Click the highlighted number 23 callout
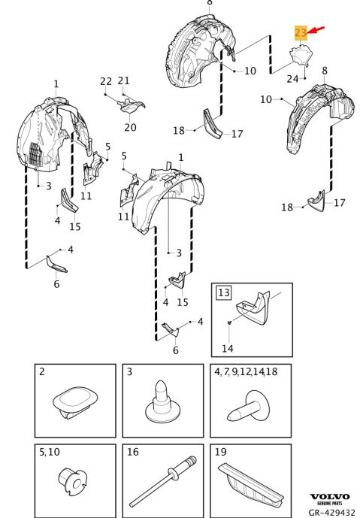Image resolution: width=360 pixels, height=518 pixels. click(301, 33)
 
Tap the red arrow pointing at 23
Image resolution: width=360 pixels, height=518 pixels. click(316, 30)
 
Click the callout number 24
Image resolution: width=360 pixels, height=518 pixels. click(292, 79)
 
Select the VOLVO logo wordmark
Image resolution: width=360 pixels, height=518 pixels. click(329, 496)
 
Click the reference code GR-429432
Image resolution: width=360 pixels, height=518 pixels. click(331, 512)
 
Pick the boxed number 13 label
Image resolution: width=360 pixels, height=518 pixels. click(224, 292)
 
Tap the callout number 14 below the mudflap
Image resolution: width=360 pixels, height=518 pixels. click(228, 349)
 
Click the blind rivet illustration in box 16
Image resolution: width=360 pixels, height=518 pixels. click(162, 480)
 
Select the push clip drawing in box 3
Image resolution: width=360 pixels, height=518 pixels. click(163, 401)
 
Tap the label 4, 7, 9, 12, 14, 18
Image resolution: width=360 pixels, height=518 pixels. click(246, 372)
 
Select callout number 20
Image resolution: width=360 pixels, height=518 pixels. click(130, 127)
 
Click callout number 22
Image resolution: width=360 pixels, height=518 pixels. click(106, 81)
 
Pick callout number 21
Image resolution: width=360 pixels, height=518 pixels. click(123, 80)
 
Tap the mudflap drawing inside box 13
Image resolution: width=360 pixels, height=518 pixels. click(253, 308)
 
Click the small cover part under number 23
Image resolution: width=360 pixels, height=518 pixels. click(301, 56)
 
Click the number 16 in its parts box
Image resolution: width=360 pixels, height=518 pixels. click(133, 452)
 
